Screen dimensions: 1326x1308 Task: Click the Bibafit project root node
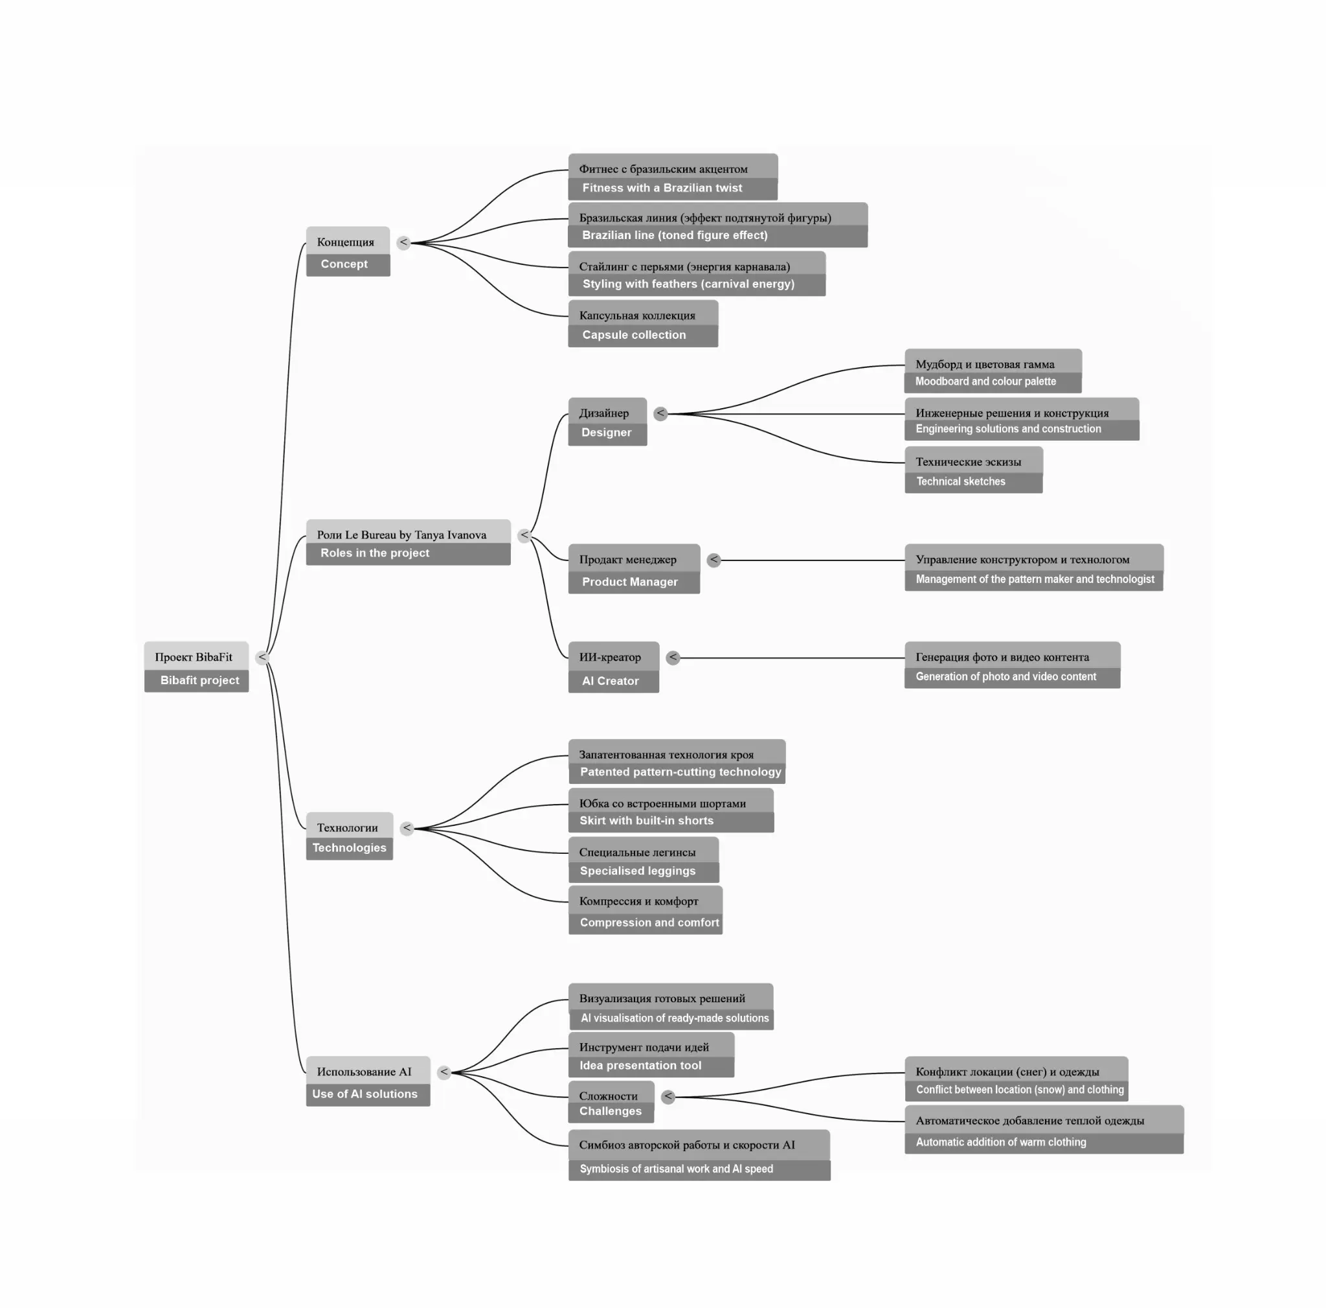coord(196,667)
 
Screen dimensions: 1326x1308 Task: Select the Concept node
coord(348,251)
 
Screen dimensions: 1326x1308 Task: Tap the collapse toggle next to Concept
coord(403,242)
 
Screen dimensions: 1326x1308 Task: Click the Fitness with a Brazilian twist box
coord(673,177)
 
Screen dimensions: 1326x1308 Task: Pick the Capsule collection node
coord(643,323)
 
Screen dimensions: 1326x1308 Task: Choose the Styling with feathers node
coord(697,274)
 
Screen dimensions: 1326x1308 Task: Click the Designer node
coord(607,422)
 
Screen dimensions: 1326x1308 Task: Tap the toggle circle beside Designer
coord(660,413)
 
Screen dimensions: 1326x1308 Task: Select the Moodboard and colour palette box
coord(993,371)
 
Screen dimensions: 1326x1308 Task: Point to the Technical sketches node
coord(974,470)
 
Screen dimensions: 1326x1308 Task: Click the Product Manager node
coord(634,569)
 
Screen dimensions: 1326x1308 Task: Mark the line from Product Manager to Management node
coord(813,560)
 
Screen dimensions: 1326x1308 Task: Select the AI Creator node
coord(614,667)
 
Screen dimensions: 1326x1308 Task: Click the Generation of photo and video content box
coord(1013,665)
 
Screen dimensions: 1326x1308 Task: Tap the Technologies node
coord(350,836)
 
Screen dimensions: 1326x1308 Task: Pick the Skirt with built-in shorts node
coord(671,810)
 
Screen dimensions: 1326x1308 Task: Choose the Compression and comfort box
coord(645,910)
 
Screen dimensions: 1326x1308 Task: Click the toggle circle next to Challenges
coord(668,1097)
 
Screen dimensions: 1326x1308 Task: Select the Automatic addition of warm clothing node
coord(1044,1129)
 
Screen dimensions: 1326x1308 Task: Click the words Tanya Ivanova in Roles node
coord(450,535)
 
